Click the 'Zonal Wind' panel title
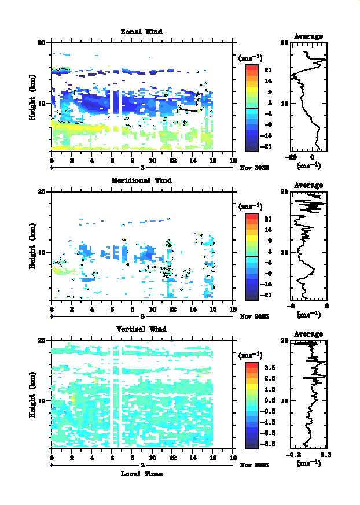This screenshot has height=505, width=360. [141, 31]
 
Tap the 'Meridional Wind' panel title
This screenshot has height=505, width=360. [141, 180]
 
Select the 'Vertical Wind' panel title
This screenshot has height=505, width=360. [141, 329]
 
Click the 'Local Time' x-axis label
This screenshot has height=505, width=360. [141, 474]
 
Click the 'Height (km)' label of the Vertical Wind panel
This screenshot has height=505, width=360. [33, 400]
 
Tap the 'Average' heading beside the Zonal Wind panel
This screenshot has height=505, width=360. [308, 36]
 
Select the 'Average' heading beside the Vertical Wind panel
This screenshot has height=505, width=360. [308, 334]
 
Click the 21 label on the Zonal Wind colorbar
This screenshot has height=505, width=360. [268, 70]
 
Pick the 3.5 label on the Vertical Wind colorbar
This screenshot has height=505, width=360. [269, 367]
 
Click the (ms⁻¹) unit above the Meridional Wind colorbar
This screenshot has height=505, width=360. [251, 207]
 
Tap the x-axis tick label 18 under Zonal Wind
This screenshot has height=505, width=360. [233, 161]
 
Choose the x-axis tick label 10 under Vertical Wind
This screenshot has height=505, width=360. [152, 458]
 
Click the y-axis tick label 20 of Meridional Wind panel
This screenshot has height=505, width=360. [42, 191]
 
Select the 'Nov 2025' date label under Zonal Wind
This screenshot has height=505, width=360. [251, 167]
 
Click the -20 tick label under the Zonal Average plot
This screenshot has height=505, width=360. [293, 157]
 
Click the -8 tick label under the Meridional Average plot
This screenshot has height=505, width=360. [293, 306]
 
